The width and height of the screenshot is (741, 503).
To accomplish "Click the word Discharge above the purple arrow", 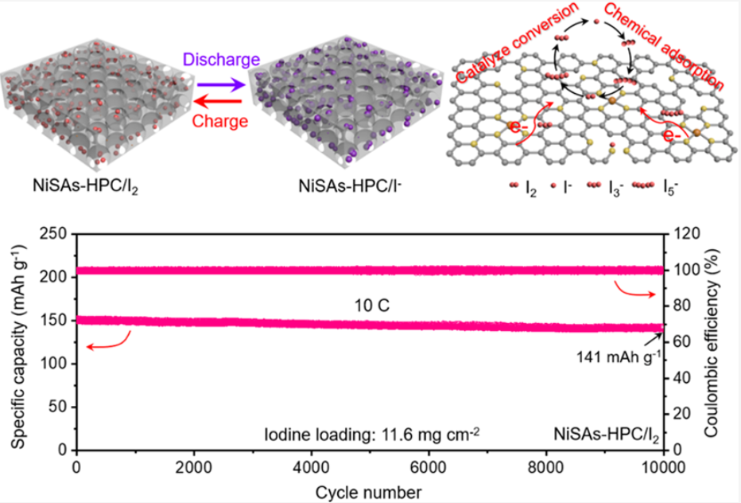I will point(222,59).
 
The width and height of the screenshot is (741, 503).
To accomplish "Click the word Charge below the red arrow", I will point(222,121).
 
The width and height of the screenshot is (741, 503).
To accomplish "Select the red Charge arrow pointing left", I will point(221,99).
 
